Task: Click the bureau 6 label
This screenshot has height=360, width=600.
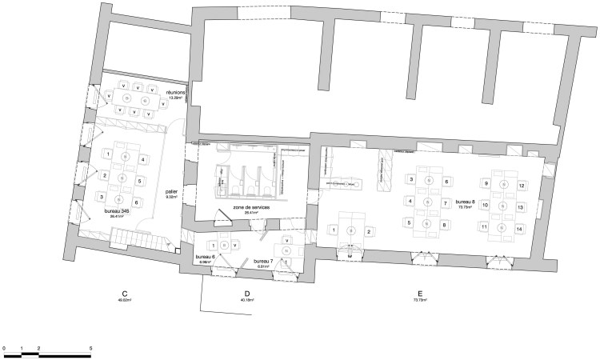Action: pyautogui.click(x=206, y=258)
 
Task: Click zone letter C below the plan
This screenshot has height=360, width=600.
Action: pyautogui.click(x=124, y=293)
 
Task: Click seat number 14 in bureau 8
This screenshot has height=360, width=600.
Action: pyautogui.click(x=520, y=228)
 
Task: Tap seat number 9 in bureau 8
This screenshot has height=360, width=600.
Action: pyautogui.click(x=485, y=184)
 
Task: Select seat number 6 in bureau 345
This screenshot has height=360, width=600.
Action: pyautogui.click(x=137, y=202)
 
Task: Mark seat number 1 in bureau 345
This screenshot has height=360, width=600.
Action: pyautogui.click(x=107, y=154)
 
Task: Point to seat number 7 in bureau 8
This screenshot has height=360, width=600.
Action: pyautogui.click(x=444, y=203)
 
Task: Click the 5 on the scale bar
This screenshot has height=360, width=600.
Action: pyautogui.click(x=91, y=349)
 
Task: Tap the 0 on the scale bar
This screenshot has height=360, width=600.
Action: pyautogui.click(x=4, y=349)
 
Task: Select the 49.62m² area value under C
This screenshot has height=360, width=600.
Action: pyautogui.click(x=124, y=300)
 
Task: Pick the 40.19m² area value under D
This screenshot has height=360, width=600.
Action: pyautogui.click(x=248, y=300)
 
